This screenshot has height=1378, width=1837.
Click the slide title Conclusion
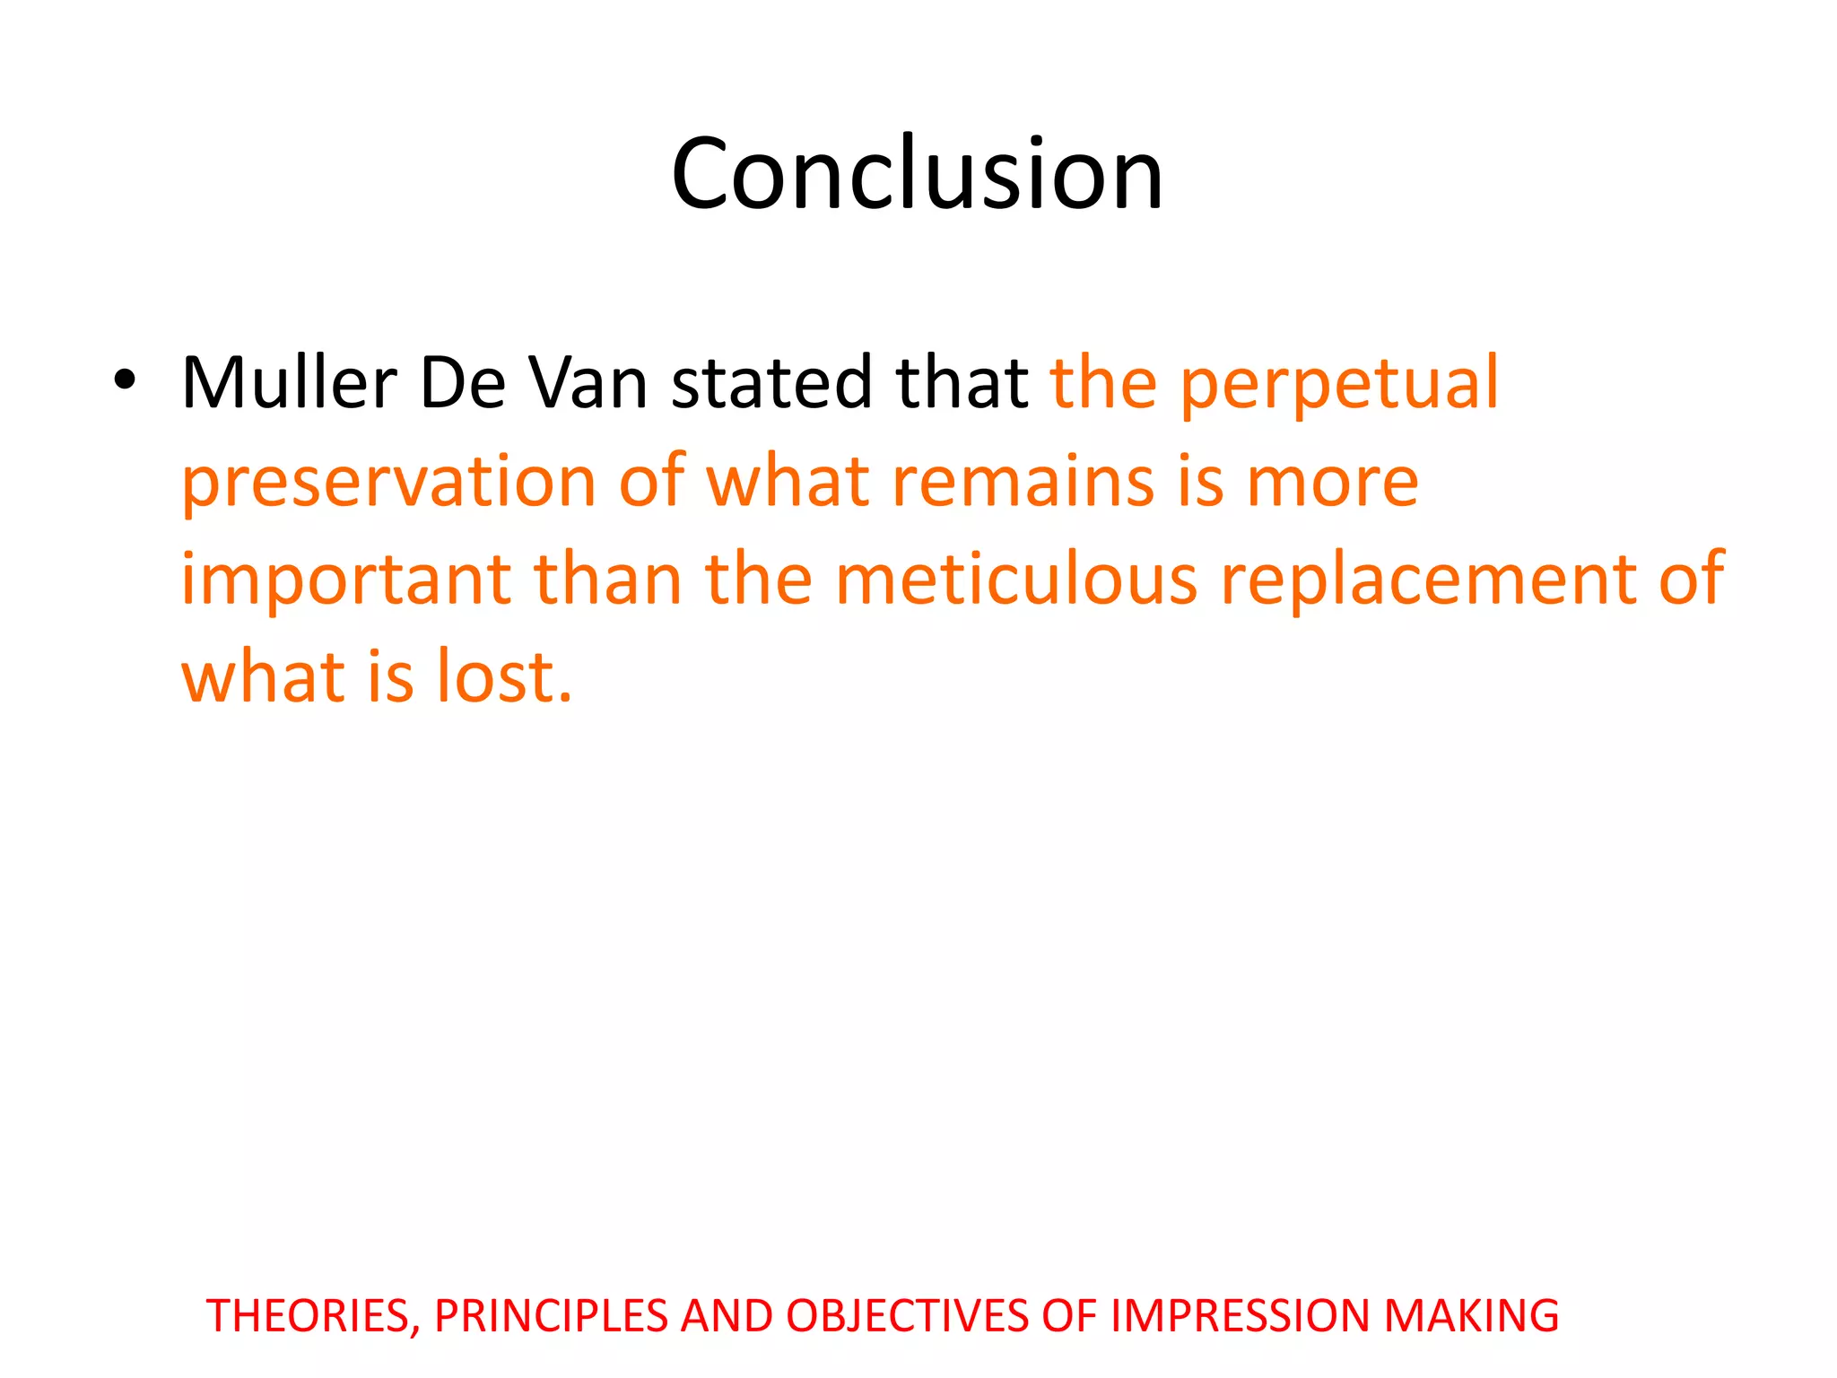coord(917,174)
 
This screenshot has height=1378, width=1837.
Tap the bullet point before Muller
coord(125,382)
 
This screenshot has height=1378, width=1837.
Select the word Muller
coord(289,383)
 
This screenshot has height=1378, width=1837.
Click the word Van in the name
coord(588,383)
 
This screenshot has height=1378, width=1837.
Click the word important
coord(346,581)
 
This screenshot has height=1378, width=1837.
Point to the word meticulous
coord(1016,580)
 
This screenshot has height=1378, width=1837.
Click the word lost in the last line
coord(504,676)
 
